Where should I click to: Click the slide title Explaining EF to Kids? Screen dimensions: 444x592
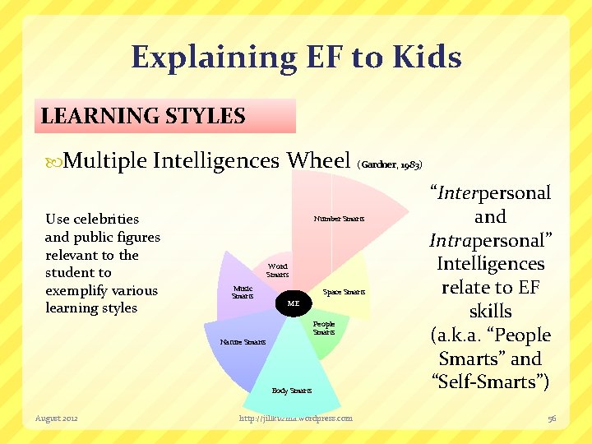tap(296, 58)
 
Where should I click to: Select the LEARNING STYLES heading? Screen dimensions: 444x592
tap(143, 116)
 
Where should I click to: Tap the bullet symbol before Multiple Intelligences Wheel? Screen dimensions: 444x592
tap(55, 160)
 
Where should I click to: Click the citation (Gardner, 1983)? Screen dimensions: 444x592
tap(390, 164)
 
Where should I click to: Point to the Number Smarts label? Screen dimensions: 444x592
tap(339, 219)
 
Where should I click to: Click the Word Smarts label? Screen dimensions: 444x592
tap(278, 271)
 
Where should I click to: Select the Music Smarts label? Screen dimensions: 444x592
tap(243, 292)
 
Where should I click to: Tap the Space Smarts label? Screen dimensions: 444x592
tap(344, 292)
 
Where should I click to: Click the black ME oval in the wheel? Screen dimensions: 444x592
tap(294, 303)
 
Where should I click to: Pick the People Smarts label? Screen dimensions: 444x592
tap(324, 328)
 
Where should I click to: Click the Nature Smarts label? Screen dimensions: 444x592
tap(243, 341)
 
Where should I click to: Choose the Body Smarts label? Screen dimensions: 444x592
tap(292, 391)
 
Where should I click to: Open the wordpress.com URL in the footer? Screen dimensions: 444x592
tap(295, 419)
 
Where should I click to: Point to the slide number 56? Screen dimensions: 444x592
tap(553, 419)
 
